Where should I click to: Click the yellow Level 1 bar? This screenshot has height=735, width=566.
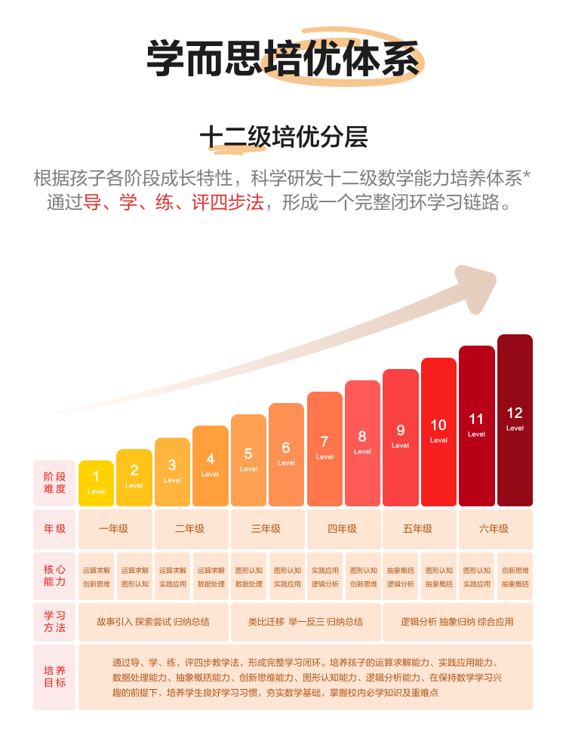[96, 483]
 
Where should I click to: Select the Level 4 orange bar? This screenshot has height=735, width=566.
[210, 466]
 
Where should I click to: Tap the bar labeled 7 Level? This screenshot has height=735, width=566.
[325, 449]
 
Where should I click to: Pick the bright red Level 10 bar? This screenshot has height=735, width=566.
[438, 432]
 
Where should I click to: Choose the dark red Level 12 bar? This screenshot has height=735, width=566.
[515, 420]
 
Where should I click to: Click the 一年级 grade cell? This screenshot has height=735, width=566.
[115, 529]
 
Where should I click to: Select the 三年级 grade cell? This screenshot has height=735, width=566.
[267, 529]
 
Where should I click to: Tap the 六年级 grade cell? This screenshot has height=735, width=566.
[494, 529]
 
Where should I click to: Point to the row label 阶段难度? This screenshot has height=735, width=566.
[54, 483]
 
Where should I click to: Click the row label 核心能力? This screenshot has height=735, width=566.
[54, 576]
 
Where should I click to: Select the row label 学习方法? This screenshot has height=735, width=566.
[54, 622]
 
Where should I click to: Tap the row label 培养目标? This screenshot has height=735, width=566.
[54, 677]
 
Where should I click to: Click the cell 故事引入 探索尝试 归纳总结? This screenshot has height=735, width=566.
[153, 622]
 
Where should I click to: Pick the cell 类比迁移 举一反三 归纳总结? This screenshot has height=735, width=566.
[305, 622]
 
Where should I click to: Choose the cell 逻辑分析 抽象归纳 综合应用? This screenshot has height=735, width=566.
[457, 622]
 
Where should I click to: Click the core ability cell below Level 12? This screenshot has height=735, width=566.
[515, 577]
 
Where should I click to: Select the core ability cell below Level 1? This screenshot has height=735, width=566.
[96, 577]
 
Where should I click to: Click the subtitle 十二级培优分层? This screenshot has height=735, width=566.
[283, 137]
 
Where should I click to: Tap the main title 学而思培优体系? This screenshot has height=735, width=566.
[283, 58]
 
